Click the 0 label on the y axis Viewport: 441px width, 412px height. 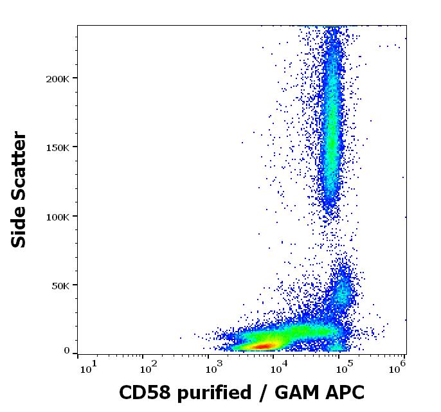pos(67,351)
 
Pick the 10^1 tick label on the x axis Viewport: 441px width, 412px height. pos(88,367)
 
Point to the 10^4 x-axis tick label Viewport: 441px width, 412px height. pos(280,367)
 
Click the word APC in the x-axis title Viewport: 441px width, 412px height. pos(343,392)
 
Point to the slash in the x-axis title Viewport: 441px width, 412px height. pos(260,392)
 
